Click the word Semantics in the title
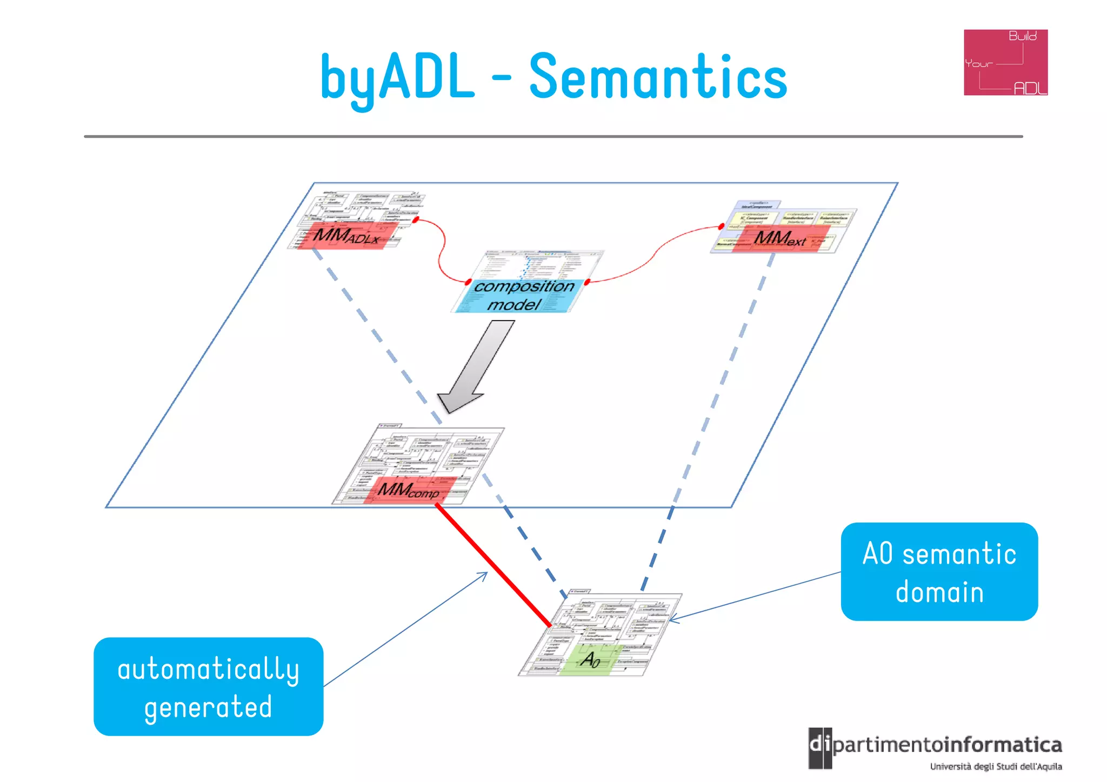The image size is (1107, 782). coord(658,77)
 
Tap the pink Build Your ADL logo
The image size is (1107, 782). coord(1005,63)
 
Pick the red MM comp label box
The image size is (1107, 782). coord(409,490)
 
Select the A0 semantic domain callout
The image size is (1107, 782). coord(939,571)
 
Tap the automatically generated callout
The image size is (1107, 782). coord(208,686)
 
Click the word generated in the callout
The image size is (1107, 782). coord(208,707)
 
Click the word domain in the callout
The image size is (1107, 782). coord(939,592)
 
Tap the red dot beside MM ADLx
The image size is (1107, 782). coord(416,220)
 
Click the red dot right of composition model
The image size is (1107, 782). coord(587,282)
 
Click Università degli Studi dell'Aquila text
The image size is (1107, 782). coord(996,766)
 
